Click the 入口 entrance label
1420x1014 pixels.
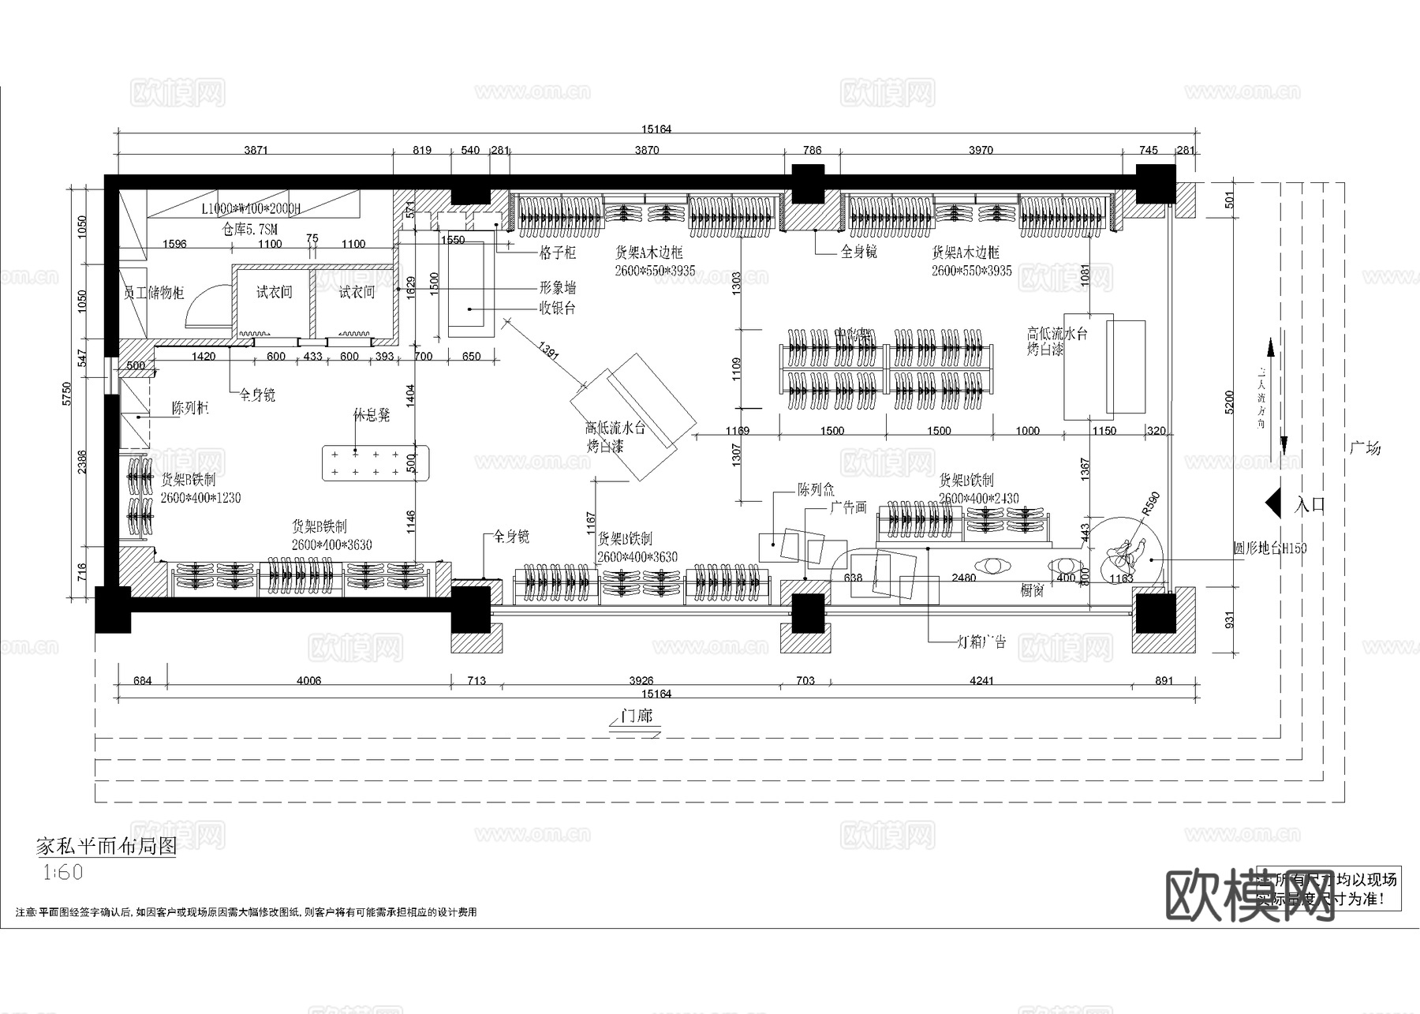[x=1310, y=505]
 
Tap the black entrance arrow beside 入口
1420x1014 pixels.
[x=1272, y=503]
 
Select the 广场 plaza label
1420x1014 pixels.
[x=1365, y=448]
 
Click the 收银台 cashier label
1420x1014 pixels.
[x=557, y=308]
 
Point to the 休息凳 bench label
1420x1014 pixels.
[x=372, y=415]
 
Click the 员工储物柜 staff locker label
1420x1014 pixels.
[x=154, y=293]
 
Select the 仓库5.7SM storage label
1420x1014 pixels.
[x=250, y=229]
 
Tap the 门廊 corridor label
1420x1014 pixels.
[x=636, y=717]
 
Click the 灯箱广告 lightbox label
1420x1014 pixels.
[x=982, y=642]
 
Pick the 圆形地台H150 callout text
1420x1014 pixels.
[x=1269, y=548]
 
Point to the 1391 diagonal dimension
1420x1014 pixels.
[x=548, y=351]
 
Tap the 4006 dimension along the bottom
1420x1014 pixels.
[x=308, y=680]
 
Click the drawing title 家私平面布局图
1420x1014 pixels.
[x=106, y=847]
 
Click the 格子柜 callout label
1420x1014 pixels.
[x=558, y=253]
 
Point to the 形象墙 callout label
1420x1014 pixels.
[x=557, y=288]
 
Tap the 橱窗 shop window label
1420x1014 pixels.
[x=1033, y=590]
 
